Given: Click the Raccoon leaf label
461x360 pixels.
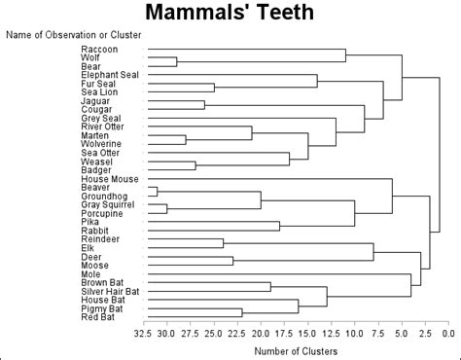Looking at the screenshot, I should (100, 49).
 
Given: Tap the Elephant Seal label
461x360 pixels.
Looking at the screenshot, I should (110, 75).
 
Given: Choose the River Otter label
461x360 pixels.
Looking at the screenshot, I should (104, 126).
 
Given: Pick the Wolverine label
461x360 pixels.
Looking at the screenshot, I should (102, 144).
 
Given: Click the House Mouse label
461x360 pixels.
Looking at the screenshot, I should (109, 179).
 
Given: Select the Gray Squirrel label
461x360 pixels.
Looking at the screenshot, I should (107, 204).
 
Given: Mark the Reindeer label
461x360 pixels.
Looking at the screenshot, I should (100, 238).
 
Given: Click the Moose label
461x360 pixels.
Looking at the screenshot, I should (95, 265).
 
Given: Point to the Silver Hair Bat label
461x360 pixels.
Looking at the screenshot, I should (111, 291).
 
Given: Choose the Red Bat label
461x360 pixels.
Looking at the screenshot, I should (98, 317).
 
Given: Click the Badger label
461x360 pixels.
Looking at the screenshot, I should (96, 170).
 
